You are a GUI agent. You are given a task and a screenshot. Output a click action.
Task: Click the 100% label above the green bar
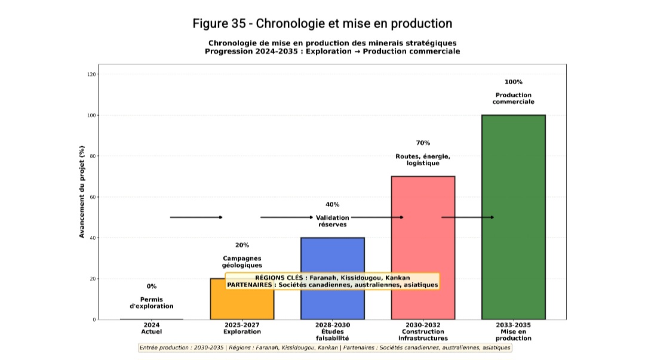(513, 82)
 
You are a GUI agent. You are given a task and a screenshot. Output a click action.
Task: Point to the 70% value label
(423, 143)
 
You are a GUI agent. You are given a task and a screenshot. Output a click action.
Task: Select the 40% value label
(332, 205)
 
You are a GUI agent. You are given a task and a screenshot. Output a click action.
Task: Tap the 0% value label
(152, 287)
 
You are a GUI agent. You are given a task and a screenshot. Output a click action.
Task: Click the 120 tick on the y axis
(91, 75)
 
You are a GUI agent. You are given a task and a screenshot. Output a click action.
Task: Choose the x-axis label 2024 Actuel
(152, 328)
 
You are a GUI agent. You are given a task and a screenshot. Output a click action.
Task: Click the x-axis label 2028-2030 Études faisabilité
(332, 331)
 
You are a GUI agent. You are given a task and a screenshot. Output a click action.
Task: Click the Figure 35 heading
(322, 24)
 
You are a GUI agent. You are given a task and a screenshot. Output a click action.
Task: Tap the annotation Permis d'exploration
(152, 303)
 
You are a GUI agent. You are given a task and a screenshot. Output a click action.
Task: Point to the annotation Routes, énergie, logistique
(423, 159)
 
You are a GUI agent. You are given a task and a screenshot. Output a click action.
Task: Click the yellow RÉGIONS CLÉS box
(332, 281)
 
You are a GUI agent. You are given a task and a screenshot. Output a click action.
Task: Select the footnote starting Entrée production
(325, 347)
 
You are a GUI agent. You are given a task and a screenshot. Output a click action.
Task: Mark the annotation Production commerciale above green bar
(513, 99)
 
